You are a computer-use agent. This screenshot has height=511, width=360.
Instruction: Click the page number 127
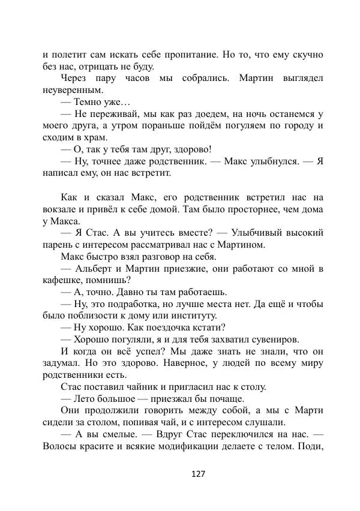click(x=198, y=474)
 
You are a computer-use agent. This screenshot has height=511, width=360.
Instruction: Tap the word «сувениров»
click(x=272, y=339)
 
